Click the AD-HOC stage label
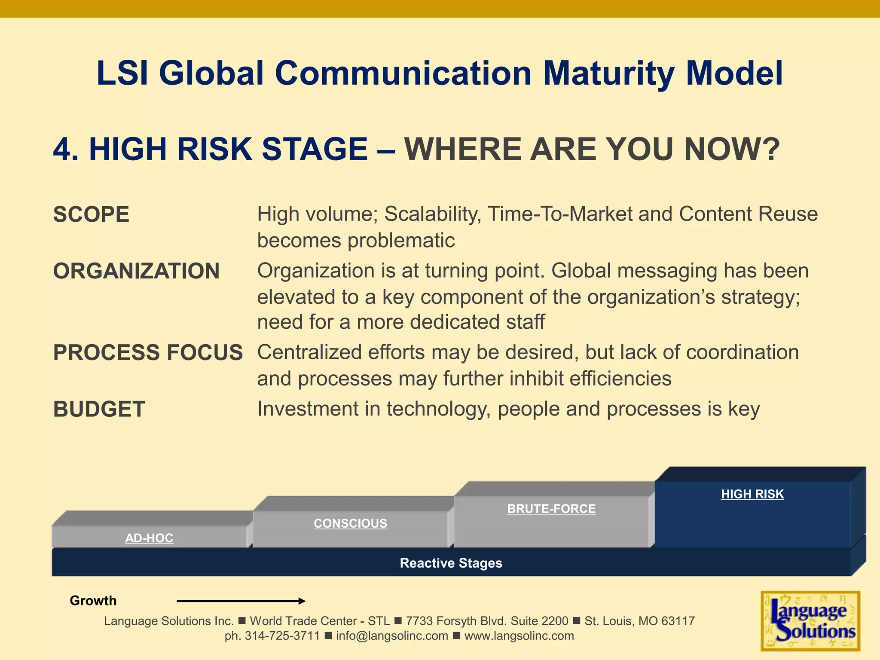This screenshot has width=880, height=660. tap(149, 538)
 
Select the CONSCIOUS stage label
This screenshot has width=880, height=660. tap(350, 523)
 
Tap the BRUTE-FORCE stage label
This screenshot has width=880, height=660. tap(551, 509)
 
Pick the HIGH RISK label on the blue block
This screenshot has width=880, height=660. tap(752, 494)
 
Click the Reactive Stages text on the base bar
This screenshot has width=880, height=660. tap(451, 563)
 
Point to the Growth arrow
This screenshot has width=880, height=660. tap(241, 601)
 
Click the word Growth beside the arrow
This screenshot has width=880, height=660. tap(93, 601)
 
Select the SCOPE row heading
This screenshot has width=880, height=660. tap(91, 214)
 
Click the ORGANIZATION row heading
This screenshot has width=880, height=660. tap(136, 271)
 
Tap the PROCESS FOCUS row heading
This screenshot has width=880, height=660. tap(148, 353)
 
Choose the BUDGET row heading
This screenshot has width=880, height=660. tap(99, 409)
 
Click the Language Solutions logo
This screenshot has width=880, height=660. tap(810, 621)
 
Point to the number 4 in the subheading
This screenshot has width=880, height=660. tap(62, 150)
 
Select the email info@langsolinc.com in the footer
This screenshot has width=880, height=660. tap(392, 636)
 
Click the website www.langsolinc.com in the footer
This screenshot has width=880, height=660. tap(519, 636)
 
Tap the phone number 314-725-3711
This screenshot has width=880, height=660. tap(282, 636)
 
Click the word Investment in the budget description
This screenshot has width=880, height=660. tap(307, 409)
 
